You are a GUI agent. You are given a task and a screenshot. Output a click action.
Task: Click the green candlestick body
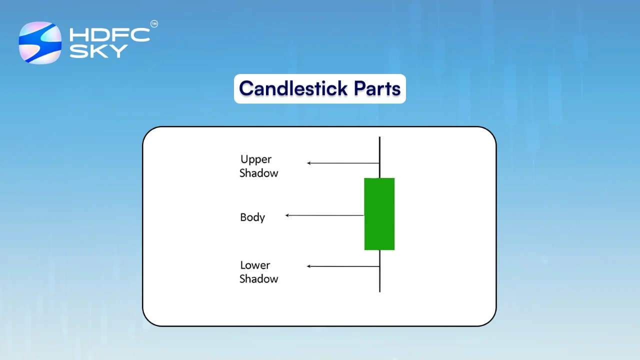click(x=379, y=214)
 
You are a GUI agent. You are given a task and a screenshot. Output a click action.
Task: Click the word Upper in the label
click(x=256, y=159)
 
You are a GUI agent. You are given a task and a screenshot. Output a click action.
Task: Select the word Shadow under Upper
click(x=258, y=173)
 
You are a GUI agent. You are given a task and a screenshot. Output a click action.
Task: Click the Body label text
click(x=252, y=217)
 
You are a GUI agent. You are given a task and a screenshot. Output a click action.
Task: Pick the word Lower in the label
click(x=255, y=265)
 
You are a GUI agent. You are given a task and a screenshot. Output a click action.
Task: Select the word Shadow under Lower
click(x=258, y=279)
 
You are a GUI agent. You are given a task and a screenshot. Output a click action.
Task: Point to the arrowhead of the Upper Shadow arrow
click(x=309, y=163)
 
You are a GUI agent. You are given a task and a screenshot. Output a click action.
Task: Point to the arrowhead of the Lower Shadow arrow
click(x=309, y=266)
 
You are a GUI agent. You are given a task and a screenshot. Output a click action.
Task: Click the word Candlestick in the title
click(x=293, y=88)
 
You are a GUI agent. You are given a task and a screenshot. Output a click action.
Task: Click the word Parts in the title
click(x=377, y=88)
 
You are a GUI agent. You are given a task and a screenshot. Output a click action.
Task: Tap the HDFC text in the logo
click(x=109, y=35)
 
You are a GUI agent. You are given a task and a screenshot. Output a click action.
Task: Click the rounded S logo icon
click(x=40, y=43)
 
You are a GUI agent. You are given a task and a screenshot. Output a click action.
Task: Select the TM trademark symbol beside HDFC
click(x=154, y=23)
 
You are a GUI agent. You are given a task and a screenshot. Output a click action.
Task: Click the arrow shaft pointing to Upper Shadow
click(x=345, y=163)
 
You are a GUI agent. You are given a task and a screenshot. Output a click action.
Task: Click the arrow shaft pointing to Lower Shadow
click(x=345, y=266)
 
